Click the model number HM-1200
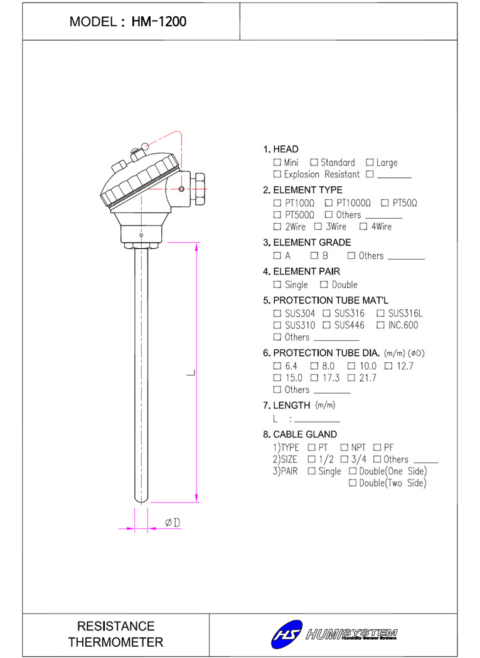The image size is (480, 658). [159, 21]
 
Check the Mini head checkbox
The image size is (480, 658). [277, 162]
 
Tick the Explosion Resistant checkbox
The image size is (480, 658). [277, 174]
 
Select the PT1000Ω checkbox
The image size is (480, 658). [329, 202]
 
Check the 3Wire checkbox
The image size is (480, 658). [318, 227]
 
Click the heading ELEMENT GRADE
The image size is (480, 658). [312, 243]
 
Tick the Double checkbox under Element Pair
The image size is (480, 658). [324, 285]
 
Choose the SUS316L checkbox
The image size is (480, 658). [380, 313]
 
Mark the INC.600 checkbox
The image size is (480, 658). [380, 325]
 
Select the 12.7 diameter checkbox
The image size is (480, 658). [388, 366]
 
